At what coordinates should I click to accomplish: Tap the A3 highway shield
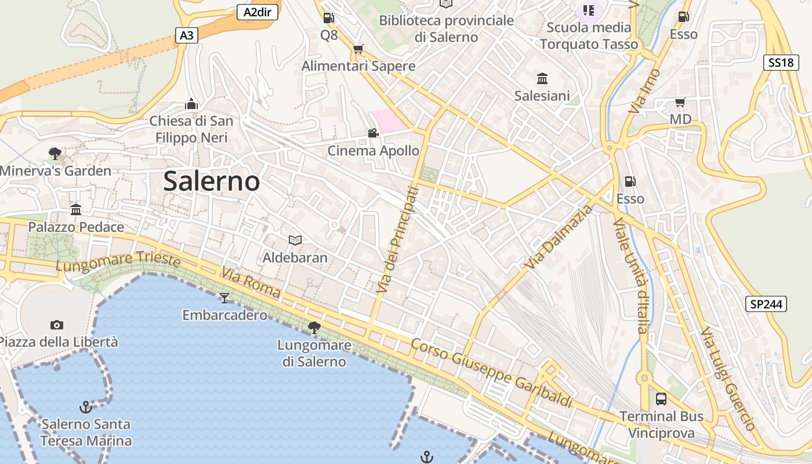(x=187, y=35)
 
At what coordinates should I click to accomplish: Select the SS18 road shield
(x=781, y=63)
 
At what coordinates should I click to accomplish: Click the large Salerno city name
(x=212, y=182)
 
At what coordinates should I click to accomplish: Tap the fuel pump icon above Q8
(x=328, y=18)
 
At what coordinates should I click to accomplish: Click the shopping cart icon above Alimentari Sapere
(x=358, y=49)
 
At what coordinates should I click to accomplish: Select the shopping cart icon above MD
(x=680, y=103)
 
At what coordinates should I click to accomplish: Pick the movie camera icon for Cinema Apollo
(x=373, y=133)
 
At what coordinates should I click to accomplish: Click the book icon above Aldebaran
(x=295, y=240)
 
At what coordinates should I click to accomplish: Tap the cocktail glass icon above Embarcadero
(x=224, y=298)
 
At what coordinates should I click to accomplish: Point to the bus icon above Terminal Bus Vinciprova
(x=661, y=399)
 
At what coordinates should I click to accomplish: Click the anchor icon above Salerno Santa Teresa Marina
(x=86, y=407)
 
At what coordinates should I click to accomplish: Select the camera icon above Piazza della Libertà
(x=57, y=325)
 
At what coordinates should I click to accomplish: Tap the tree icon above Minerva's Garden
(x=55, y=154)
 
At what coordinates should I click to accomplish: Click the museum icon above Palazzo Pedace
(x=76, y=209)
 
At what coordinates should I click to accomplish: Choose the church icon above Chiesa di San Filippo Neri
(x=191, y=104)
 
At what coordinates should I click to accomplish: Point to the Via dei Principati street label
(x=397, y=239)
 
